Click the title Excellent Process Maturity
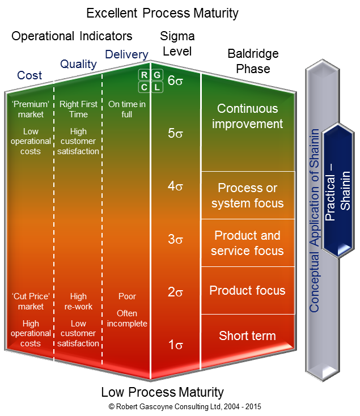pos(162,12)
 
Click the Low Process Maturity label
pos(162,392)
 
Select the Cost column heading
pos(29,75)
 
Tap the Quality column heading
pos(78,64)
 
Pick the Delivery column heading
pos(126,55)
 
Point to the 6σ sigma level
pos(175,80)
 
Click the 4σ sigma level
pos(175,186)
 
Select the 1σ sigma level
pos(175,345)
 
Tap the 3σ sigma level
pos(175,239)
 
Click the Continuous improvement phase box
pos(248,116)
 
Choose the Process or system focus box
pos(248,195)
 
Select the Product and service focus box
pos(248,243)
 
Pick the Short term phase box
pos(248,336)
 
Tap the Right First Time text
pos(78,109)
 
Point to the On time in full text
pos(126,109)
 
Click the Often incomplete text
pos(126,319)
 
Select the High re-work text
pos(78,302)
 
